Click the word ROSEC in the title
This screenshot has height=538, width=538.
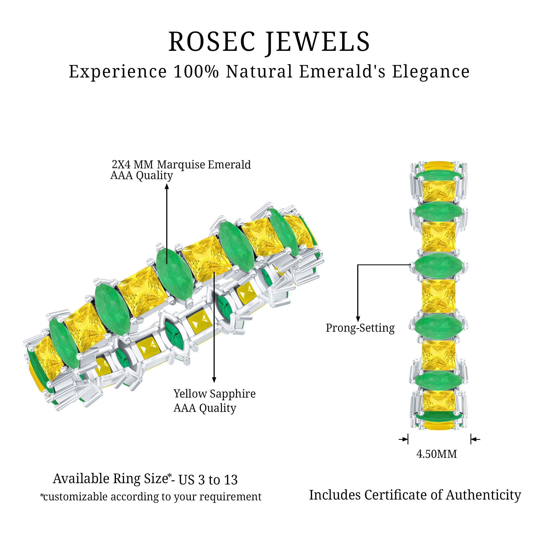212,42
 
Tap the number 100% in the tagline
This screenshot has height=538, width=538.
196,72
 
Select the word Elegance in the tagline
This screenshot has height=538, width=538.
431,72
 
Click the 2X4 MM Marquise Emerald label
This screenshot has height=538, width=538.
181,165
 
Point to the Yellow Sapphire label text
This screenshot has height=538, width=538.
214,394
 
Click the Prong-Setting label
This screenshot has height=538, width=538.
360,328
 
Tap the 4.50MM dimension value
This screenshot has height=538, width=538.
436,454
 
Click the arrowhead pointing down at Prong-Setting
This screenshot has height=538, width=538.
358,319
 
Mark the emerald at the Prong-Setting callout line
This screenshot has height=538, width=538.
438,266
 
